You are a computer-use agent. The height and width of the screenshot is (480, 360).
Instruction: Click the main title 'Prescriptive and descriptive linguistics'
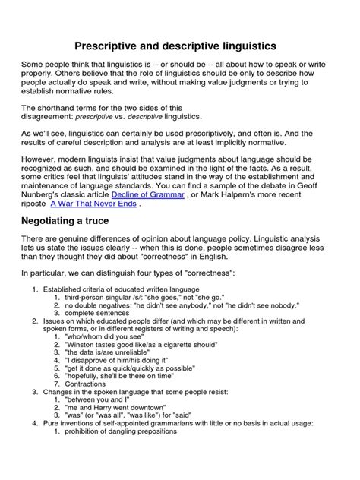[x=180, y=46]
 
